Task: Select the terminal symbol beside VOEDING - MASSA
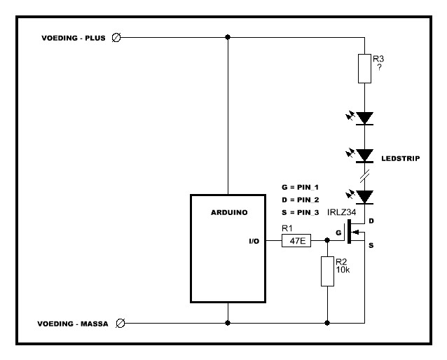click(x=119, y=323)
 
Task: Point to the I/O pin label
click(x=254, y=240)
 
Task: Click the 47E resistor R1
click(x=295, y=240)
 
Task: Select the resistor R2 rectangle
click(x=327, y=271)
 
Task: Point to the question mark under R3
click(x=379, y=68)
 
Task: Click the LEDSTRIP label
click(x=400, y=158)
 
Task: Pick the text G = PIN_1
click(x=300, y=188)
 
